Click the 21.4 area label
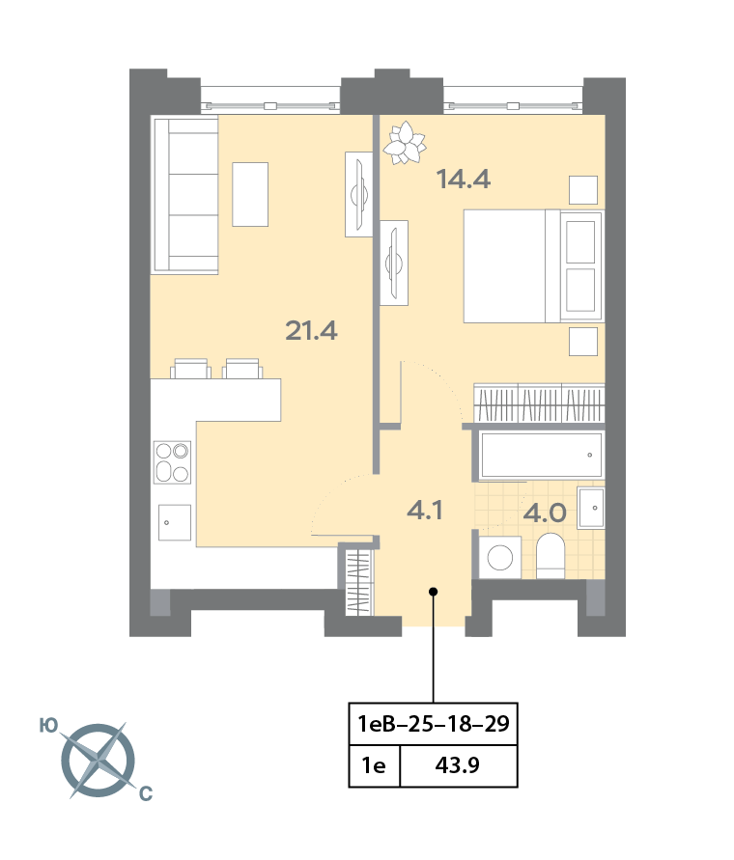click(x=311, y=331)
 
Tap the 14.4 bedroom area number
click(x=463, y=180)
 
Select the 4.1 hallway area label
click(x=424, y=510)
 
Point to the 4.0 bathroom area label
click(x=545, y=513)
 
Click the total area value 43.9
click(x=458, y=764)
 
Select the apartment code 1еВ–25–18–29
click(x=433, y=724)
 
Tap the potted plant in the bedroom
click(x=405, y=143)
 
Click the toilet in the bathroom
click(x=550, y=556)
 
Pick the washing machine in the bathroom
click(x=500, y=557)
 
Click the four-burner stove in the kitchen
click(x=172, y=461)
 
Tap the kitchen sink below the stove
click(x=175, y=522)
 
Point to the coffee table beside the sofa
click(x=250, y=194)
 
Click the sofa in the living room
click(x=185, y=195)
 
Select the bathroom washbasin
click(x=592, y=508)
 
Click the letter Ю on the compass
click(x=49, y=726)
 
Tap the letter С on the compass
click(x=146, y=793)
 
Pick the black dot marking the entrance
click(x=433, y=592)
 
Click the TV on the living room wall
click(x=359, y=194)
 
